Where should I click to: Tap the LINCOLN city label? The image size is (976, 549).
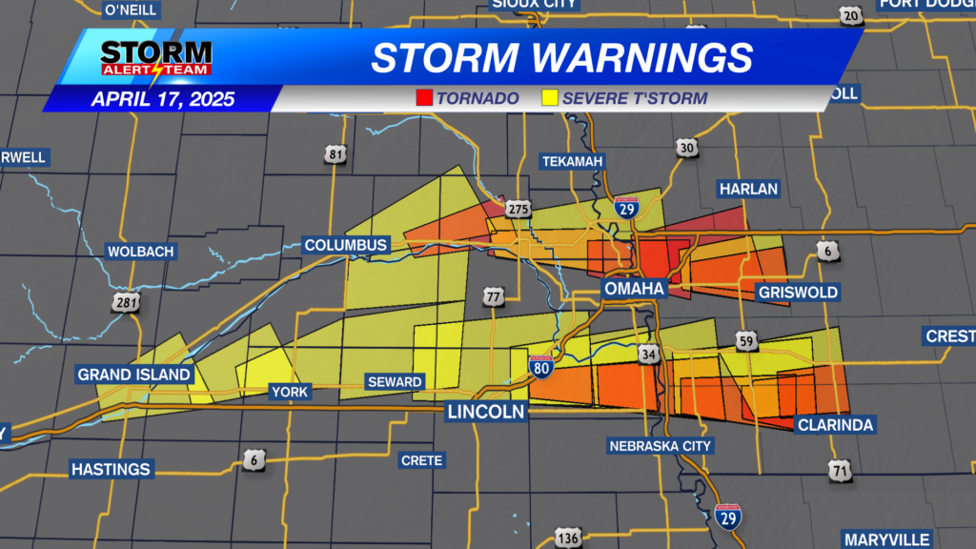(486, 412)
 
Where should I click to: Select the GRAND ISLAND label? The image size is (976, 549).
(134, 375)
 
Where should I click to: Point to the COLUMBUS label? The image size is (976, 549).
(346, 245)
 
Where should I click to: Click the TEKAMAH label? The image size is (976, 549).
(572, 161)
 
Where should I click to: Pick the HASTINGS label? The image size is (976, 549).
(111, 469)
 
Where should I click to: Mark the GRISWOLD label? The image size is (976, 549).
(798, 292)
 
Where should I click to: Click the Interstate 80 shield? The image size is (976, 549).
(540, 366)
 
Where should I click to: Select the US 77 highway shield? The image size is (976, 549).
(493, 296)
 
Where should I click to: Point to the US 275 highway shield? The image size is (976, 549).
(518, 209)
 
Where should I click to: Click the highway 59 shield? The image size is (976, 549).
(746, 339)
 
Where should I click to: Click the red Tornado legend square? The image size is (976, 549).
(424, 98)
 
